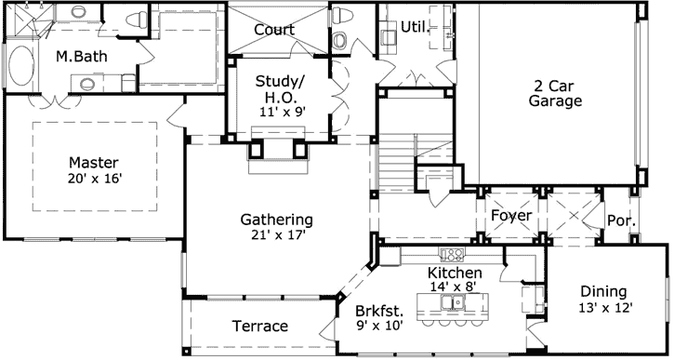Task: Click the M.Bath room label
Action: tap(82, 57)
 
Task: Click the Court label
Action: tap(274, 30)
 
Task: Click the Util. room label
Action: tap(416, 26)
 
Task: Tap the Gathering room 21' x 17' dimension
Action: tap(276, 235)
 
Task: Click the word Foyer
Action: tap(511, 216)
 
